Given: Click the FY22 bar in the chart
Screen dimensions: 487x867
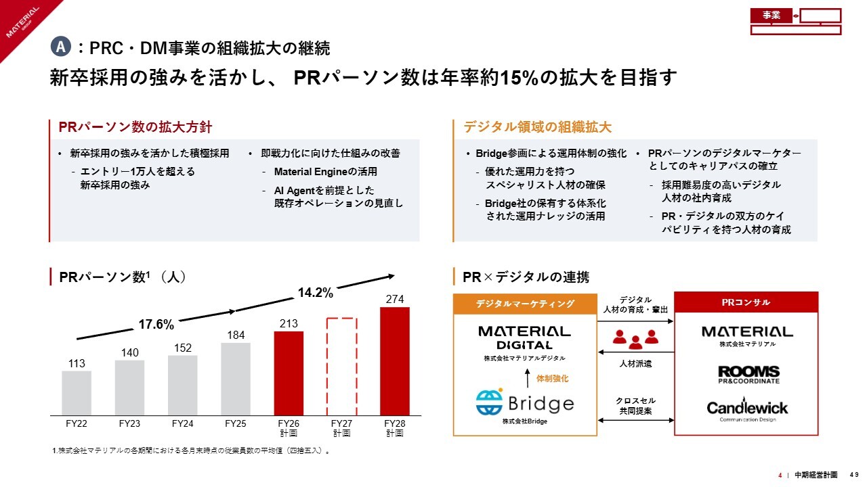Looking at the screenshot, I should pos(77,392).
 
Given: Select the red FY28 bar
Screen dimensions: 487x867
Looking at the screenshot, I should pos(395,361).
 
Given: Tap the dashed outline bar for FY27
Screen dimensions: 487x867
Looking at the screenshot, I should pos(341,366).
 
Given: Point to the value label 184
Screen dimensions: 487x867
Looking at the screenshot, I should pos(236,335).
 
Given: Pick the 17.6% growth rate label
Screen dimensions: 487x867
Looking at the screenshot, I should pos(156,324).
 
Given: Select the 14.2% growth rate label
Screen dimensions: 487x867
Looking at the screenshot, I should pos(316,293).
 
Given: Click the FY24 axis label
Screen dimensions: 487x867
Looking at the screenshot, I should pos(183,424).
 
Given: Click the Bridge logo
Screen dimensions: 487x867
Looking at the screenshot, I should pos(524,403).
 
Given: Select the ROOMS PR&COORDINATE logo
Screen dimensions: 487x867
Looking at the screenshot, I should pos(748,375).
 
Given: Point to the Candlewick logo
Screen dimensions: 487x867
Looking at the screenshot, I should pos(748,409).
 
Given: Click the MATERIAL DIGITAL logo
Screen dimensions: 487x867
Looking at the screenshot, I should pos(524,337).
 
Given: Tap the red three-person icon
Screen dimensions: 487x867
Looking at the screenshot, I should pos(635,338).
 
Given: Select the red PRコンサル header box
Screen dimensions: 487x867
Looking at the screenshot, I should pos(747,302).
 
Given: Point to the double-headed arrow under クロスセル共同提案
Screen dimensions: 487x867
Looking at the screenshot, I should pos(635,421).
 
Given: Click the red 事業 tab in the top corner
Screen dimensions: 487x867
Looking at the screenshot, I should pos(771,16).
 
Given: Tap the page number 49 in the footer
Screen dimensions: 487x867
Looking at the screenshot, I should pos(855,475).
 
